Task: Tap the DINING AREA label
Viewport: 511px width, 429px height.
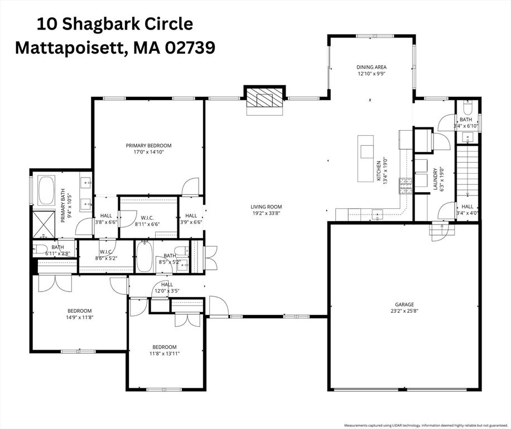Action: (371, 67)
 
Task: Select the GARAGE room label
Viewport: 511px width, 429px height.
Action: (404, 304)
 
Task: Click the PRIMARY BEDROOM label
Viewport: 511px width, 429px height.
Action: (148, 145)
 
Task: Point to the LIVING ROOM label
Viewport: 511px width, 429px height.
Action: (266, 206)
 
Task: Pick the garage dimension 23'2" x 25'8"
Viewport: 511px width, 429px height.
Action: (404, 311)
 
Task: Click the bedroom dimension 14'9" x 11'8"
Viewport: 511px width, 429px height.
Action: (80, 318)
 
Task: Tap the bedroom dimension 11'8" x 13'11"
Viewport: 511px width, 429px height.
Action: (165, 353)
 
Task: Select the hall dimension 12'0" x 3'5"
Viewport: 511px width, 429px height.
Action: (167, 291)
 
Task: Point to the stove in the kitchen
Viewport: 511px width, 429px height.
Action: (404, 185)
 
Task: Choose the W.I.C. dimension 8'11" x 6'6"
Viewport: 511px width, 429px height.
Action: (147, 224)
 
